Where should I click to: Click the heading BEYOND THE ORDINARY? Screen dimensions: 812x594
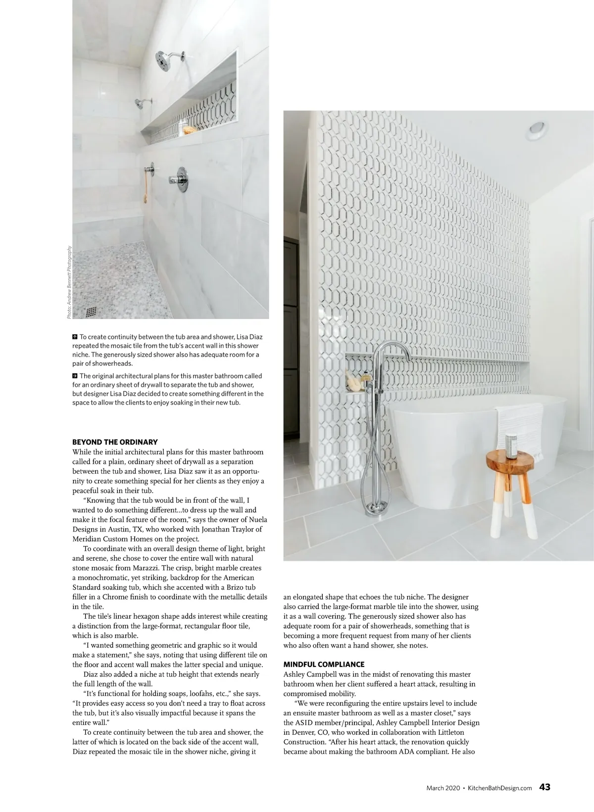[x=115, y=442]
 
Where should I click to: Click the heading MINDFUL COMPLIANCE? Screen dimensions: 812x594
[x=324, y=664]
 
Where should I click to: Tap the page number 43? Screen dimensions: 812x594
[x=545, y=787]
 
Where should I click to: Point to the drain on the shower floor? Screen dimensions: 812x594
[x=92, y=312]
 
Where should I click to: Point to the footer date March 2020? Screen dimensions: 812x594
[x=443, y=788]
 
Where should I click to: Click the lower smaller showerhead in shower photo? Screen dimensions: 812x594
[x=142, y=104]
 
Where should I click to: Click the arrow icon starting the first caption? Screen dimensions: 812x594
[x=75, y=337]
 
